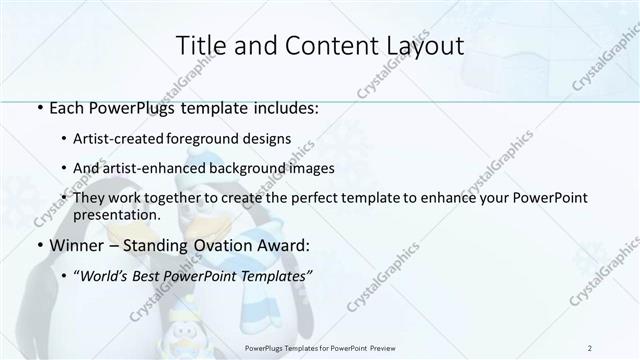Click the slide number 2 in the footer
tap(590, 347)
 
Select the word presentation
tap(117, 214)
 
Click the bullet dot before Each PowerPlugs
tap(37, 107)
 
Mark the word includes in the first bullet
tap(288, 106)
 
